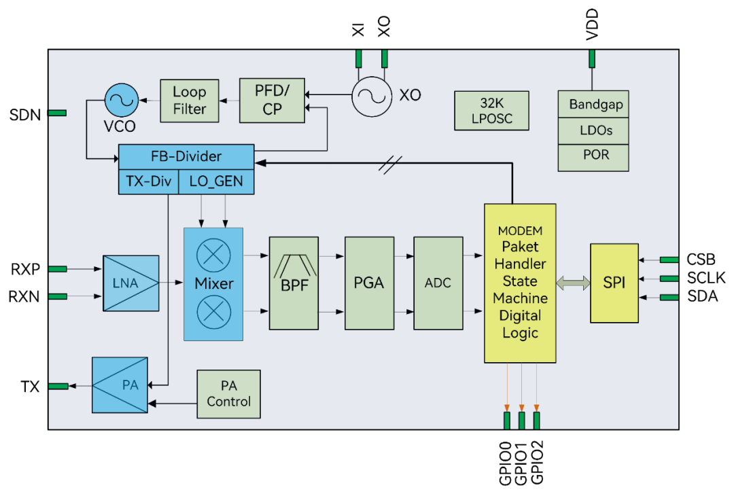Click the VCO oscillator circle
pos(122,101)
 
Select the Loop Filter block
pos(190,101)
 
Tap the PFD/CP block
pos(272,101)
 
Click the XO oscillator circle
pos(372,96)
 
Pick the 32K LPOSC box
pos(491,111)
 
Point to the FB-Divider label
pos(186,156)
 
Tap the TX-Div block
pos(148,181)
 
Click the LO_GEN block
pos(216,181)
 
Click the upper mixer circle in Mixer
pos(213,255)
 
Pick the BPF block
pos(294,283)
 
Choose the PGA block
pos(369,283)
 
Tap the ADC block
pos(438,283)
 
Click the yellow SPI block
pos(614,283)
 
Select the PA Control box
pos(228,394)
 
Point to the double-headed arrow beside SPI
pos(573,283)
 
